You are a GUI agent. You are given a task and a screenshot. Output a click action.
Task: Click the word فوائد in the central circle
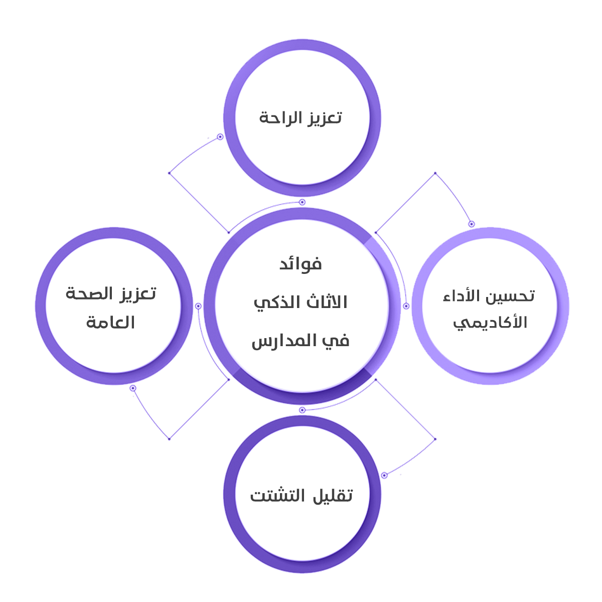pyautogui.click(x=300, y=264)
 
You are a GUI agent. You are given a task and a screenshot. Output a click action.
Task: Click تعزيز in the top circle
pyautogui.click(x=325, y=118)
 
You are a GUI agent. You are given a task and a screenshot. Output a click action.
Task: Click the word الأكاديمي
pyautogui.click(x=490, y=323)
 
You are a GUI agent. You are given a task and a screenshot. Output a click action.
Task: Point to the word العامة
pyautogui.click(x=110, y=322)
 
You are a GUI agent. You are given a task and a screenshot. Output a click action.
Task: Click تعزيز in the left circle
pyautogui.click(x=138, y=293)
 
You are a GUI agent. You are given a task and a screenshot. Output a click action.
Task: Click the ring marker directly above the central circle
pyautogui.click(x=302, y=202)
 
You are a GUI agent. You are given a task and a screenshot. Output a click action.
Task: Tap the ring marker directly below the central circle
pyautogui.click(x=302, y=410)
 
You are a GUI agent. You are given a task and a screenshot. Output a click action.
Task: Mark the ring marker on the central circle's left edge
pyautogui.click(x=198, y=306)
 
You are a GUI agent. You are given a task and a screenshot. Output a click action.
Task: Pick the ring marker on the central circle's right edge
pyautogui.click(x=406, y=306)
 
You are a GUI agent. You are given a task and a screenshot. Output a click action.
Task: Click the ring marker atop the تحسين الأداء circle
pyautogui.click(x=471, y=224)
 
